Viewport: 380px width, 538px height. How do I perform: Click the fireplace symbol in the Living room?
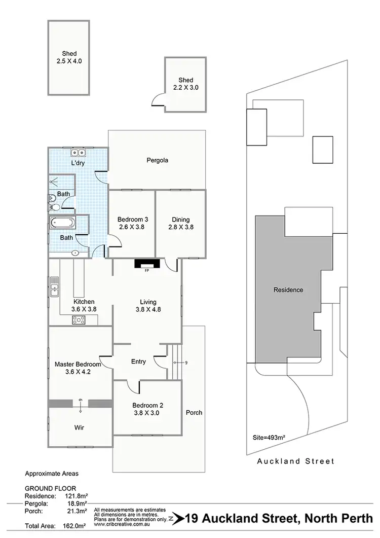(x=147, y=264)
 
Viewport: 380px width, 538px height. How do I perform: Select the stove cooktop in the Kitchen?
(x=80, y=319)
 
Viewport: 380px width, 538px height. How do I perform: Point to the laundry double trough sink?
(x=79, y=153)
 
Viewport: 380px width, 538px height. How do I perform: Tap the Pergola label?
(x=157, y=160)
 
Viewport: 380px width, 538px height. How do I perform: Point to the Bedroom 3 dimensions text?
(x=131, y=227)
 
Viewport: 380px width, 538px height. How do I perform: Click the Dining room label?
(x=180, y=220)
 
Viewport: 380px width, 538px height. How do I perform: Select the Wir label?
(x=79, y=427)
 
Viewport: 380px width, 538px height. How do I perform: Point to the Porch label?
(x=194, y=412)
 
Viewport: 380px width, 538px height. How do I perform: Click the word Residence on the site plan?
(x=288, y=290)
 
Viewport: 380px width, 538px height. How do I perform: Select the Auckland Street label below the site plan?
(x=295, y=461)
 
